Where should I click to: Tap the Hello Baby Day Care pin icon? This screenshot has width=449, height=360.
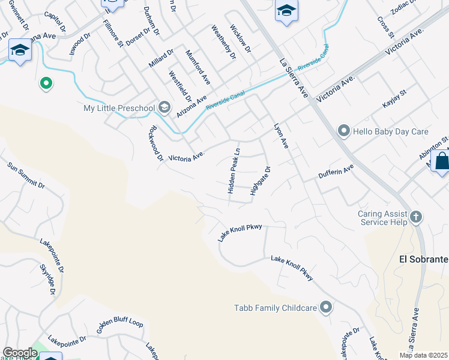343,130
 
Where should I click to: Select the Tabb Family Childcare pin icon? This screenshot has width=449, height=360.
326,308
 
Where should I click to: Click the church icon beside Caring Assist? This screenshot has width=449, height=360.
415,217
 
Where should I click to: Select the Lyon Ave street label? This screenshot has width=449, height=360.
282,136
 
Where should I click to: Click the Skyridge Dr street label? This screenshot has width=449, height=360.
47,280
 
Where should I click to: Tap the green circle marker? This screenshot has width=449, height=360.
45,83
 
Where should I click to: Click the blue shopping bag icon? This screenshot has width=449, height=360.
441,161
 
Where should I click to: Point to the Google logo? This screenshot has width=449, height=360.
19,353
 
